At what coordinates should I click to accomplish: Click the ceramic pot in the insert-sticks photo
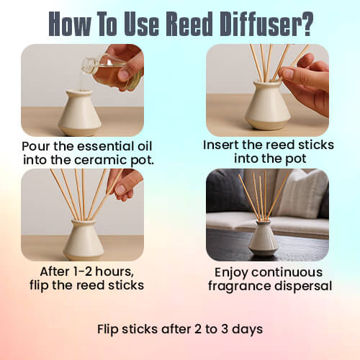coord(267,114)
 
